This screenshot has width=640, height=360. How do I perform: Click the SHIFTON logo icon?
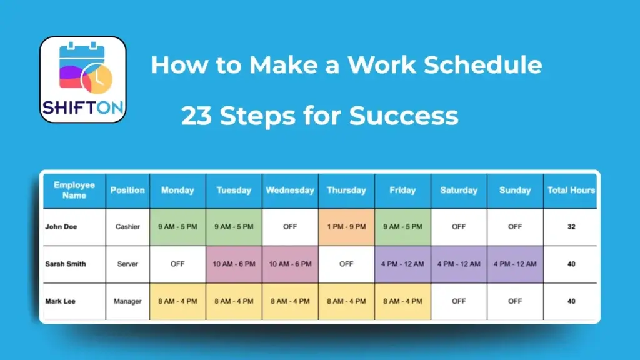pyautogui.click(x=83, y=79)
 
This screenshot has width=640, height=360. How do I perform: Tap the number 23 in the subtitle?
pyautogui.click(x=196, y=116)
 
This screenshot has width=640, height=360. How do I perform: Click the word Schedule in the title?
pyautogui.click(x=483, y=64)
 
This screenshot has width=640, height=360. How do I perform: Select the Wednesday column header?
pyautogui.click(x=290, y=191)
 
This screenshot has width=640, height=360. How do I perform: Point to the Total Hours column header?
pyautogui.click(x=571, y=191)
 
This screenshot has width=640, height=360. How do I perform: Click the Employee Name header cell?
pyautogui.click(x=74, y=191)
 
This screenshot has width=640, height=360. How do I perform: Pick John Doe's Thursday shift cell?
pyautogui.click(x=346, y=227)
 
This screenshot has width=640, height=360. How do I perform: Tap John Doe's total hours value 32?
pyautogui.click(x=571, y=227)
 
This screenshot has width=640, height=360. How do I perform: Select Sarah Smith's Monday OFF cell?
pyautogui.click(x=177, y=264)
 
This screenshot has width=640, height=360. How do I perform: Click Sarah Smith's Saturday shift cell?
pyautogui.click(x=459, y=264)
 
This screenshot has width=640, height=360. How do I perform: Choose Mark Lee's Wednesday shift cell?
pyautogui.click(x=290, y=301)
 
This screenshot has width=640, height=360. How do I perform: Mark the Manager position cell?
pyautogui.click(x=127, y=301)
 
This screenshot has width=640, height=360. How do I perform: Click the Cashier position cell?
pyautogui.click(x=127, y=227)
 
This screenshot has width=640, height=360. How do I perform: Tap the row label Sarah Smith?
pyautogui.click(x=66, y=264)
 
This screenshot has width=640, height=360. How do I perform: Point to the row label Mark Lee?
pyautogui.click(x=61, y=301)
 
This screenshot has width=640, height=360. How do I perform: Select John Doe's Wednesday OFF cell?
pyautogui.click(x=290, y=227)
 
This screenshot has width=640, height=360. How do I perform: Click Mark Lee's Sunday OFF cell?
pyautogui.click(x=515, y=301)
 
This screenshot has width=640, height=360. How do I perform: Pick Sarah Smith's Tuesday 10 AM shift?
pyautogui.click(x=234, y=264)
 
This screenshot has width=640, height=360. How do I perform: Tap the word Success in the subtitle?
pyautogui.click(x=404, y=116)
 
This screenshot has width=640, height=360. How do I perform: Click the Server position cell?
pyautogui.click(x=127, y=264)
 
